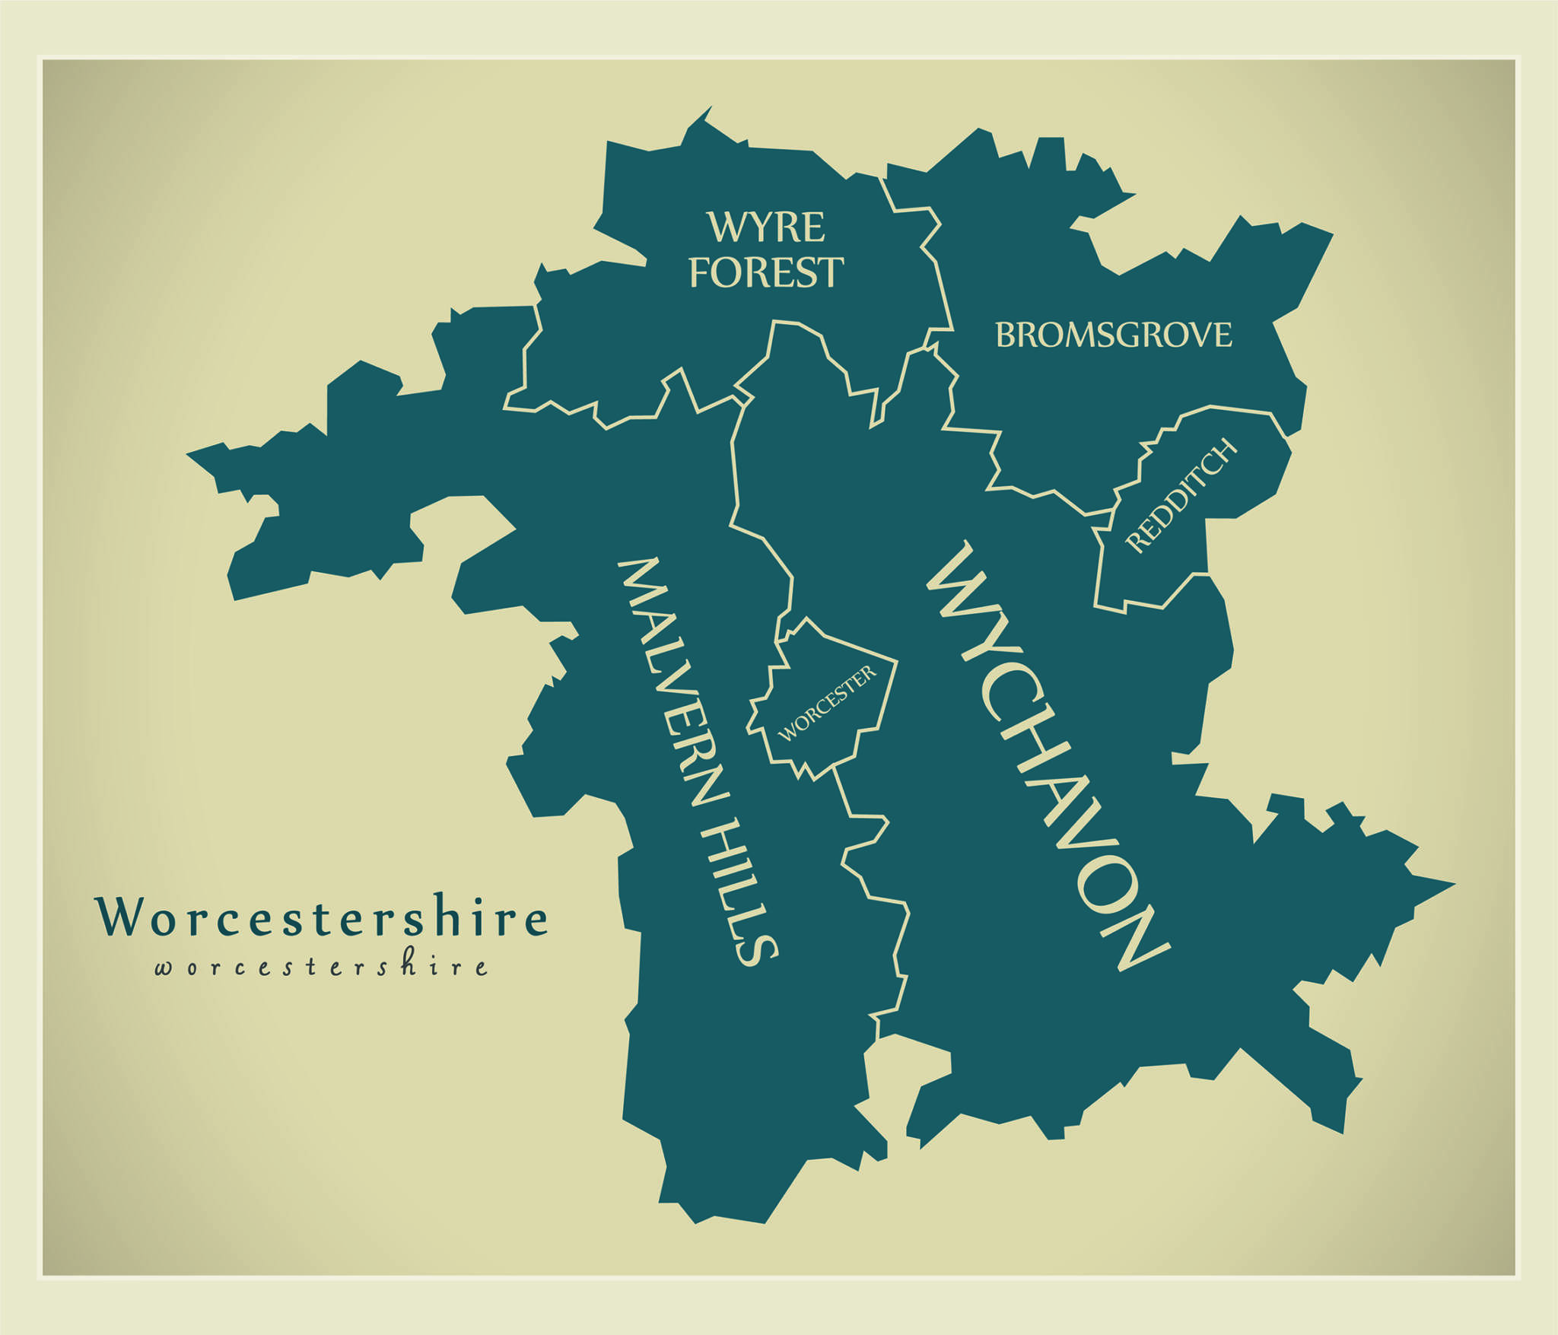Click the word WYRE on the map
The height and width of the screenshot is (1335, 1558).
point(765,227)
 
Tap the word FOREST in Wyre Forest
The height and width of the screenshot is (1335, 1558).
point(765,272)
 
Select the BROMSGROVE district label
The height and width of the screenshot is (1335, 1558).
point(1113,335)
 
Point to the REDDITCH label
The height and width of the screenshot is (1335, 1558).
point(1181,495)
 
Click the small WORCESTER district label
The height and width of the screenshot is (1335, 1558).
point(827,704)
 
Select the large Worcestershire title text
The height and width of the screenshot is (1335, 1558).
point(320,916)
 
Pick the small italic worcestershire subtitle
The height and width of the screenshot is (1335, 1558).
point(320,967)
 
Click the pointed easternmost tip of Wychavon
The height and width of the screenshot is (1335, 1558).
point(1451,885)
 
